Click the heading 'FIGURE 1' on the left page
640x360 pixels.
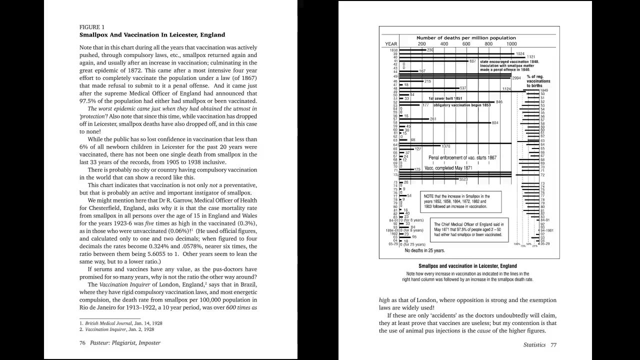point(92,27)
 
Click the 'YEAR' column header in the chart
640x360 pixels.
point(391,44)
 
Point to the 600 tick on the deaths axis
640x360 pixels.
point(466,44)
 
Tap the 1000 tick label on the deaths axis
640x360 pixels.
point(511,44)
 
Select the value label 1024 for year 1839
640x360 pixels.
point(520,53)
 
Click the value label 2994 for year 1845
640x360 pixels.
point(516,77)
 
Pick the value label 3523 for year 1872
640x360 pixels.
point(463,179)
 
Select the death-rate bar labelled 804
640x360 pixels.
point(444,122)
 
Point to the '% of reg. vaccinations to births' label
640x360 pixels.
point(538,81)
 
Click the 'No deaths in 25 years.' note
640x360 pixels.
point(424,250)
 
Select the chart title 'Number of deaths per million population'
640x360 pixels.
point(466,38)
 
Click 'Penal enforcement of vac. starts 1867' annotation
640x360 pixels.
point(462,157)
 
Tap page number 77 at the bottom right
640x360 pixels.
point(553,344)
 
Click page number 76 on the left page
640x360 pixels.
point(82,342)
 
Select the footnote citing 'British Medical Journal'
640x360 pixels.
point(123,323)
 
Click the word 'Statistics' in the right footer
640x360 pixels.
point(534,344)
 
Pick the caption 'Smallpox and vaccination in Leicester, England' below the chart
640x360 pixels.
point(467,266)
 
